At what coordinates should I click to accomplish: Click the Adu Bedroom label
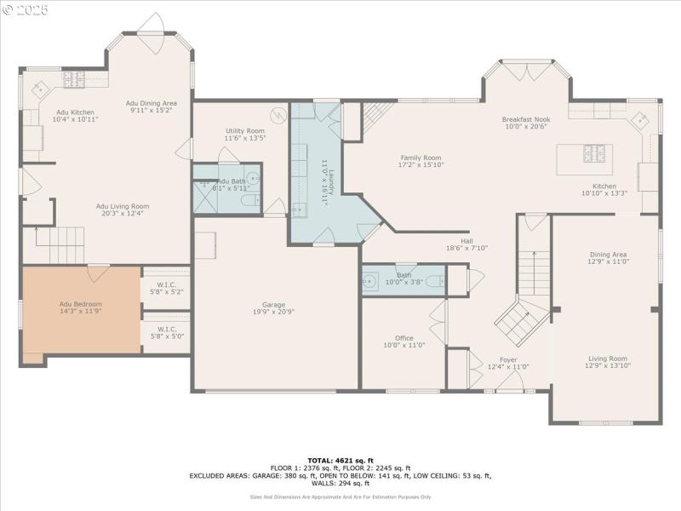pyautogui.click(x=80, y=308)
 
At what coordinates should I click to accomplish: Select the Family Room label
pyautogui.click(x=421, y=161)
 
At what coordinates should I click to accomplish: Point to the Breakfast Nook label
pyautogui.click(x=525, y=123)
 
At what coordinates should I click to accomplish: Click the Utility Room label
pyautogui.click(x=245, y=134)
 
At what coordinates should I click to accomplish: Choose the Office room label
pyautogui.click(x=403, y=341)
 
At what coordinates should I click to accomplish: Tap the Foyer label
pyautogui.click(x=507, y=363)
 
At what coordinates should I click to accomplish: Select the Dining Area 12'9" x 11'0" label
pyautogui.click(x=608, y=257)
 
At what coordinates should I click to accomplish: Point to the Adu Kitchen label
pyautogui.click(x=76, y=116)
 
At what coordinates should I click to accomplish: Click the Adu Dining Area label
pyautogui.click(x=152, y=106)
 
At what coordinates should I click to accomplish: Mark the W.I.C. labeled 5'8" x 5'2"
pyautogui.click(x=166, y=288)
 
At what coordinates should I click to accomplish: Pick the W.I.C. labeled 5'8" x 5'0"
pyautogui.click(x=166, y=332)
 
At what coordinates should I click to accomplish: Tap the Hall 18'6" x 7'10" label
pyautogui.click(x=466, y=244)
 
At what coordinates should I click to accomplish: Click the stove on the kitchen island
pyautogui.click(x=593, y=153)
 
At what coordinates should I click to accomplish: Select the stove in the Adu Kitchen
pyautogui.click(x=74, y=80)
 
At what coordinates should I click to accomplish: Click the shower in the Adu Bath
pyautogui.click(x=205, y=198)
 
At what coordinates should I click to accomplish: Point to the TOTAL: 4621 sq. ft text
pyautogui.click(x=340, y=461)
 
